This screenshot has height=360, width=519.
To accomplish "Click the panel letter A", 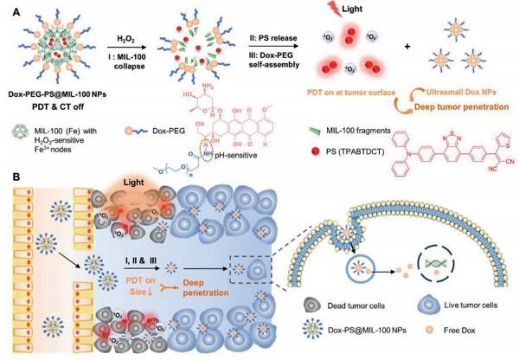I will (8, 8).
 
